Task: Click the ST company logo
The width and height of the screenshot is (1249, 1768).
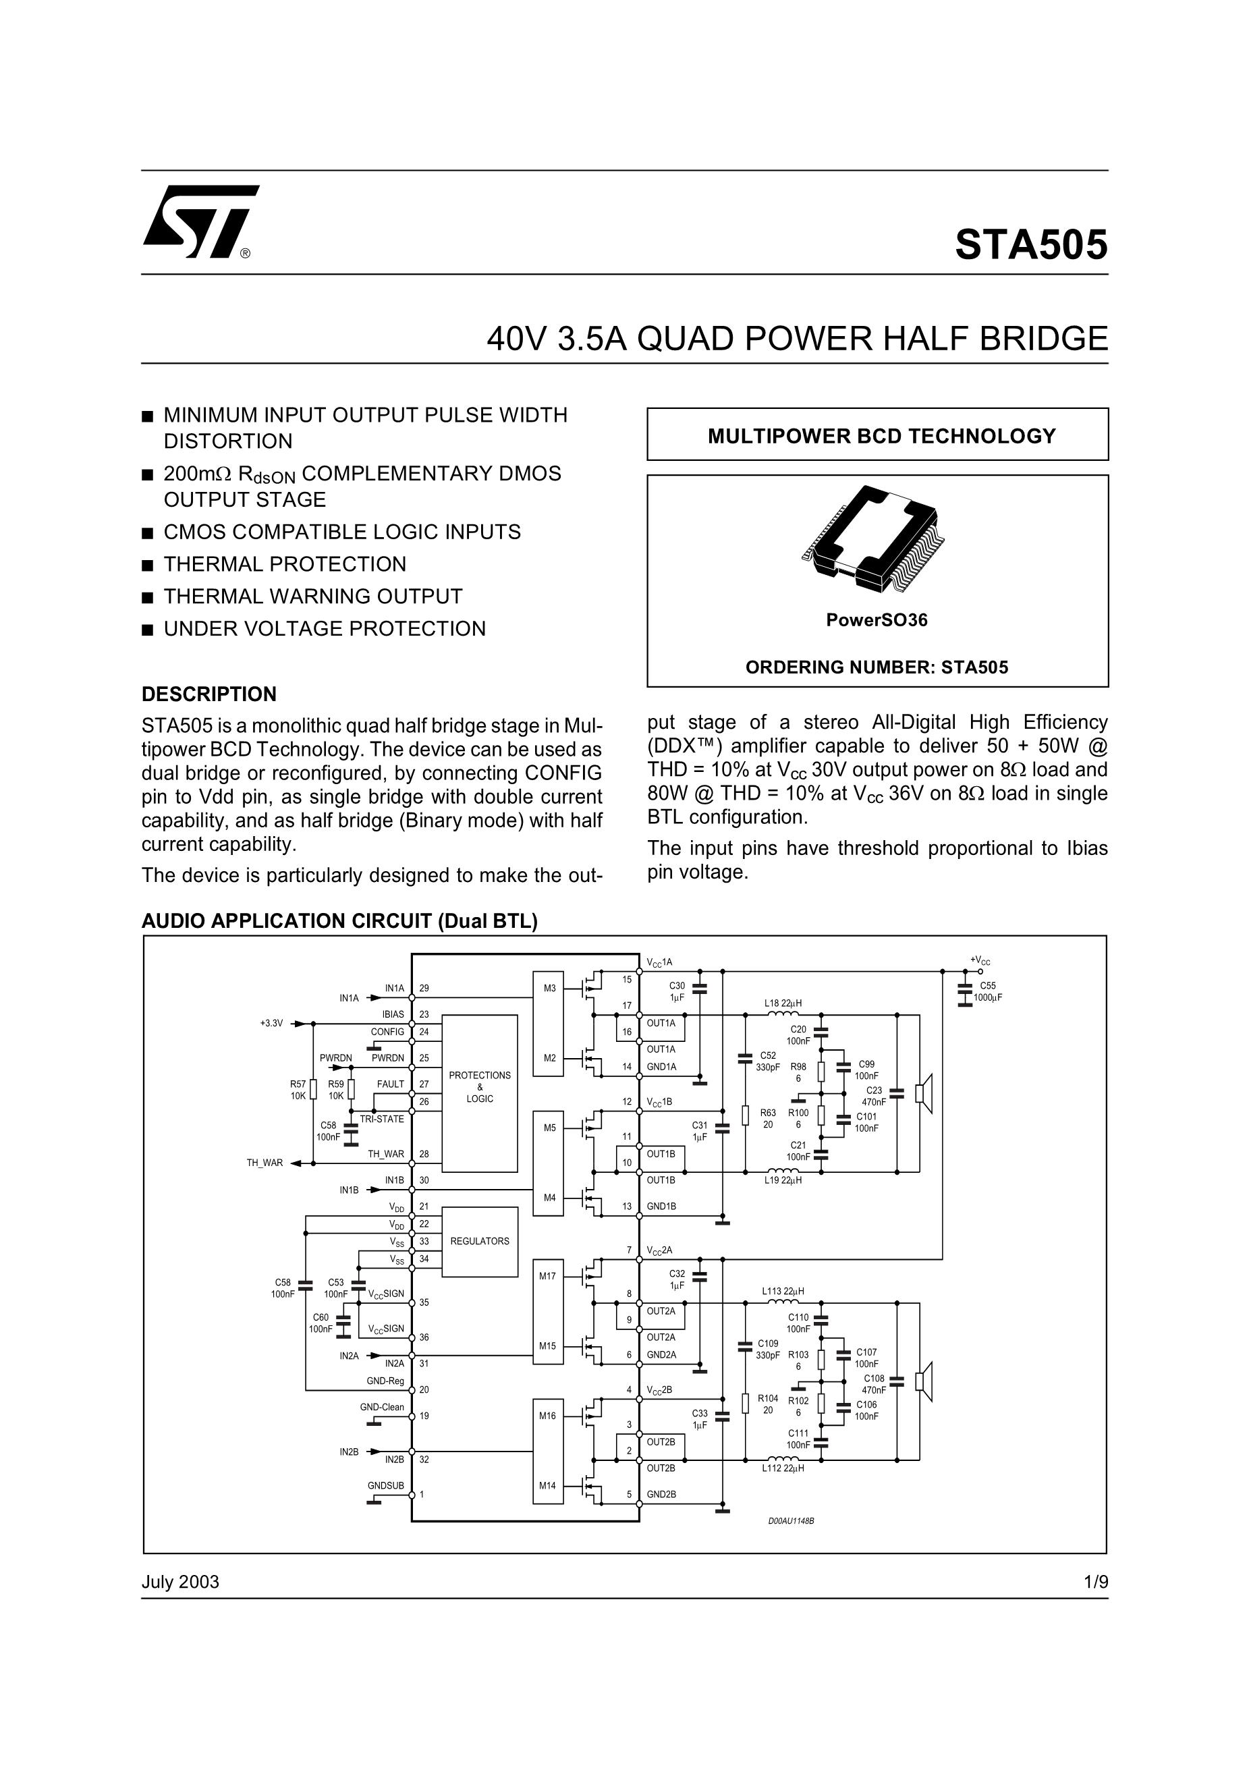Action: [200, 221]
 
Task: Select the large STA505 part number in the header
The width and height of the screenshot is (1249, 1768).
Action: [1030, 245]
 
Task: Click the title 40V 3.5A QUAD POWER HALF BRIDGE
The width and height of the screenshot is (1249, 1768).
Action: [797, 339]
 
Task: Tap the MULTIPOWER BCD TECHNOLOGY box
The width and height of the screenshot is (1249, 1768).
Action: [877, 435]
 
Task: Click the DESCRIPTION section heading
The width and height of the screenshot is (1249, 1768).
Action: [209, 694]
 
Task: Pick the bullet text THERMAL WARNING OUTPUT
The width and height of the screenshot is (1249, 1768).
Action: [312, 596]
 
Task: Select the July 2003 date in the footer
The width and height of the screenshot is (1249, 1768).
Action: [180, 1582]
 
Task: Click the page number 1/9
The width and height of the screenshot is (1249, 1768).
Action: [1095, 1582]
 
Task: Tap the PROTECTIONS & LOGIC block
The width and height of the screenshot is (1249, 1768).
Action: [479, 1087]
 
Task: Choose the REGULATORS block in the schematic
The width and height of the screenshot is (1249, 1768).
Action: [479, 1241]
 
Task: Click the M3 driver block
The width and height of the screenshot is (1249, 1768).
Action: [549, 989]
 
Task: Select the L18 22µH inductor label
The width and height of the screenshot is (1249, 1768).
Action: [782, 1003]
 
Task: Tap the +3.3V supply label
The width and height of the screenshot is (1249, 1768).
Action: [271, 1024]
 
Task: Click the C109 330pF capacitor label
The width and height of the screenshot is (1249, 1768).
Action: [768, 1349]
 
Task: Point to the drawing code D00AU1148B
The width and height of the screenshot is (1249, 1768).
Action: [790, 1521]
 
